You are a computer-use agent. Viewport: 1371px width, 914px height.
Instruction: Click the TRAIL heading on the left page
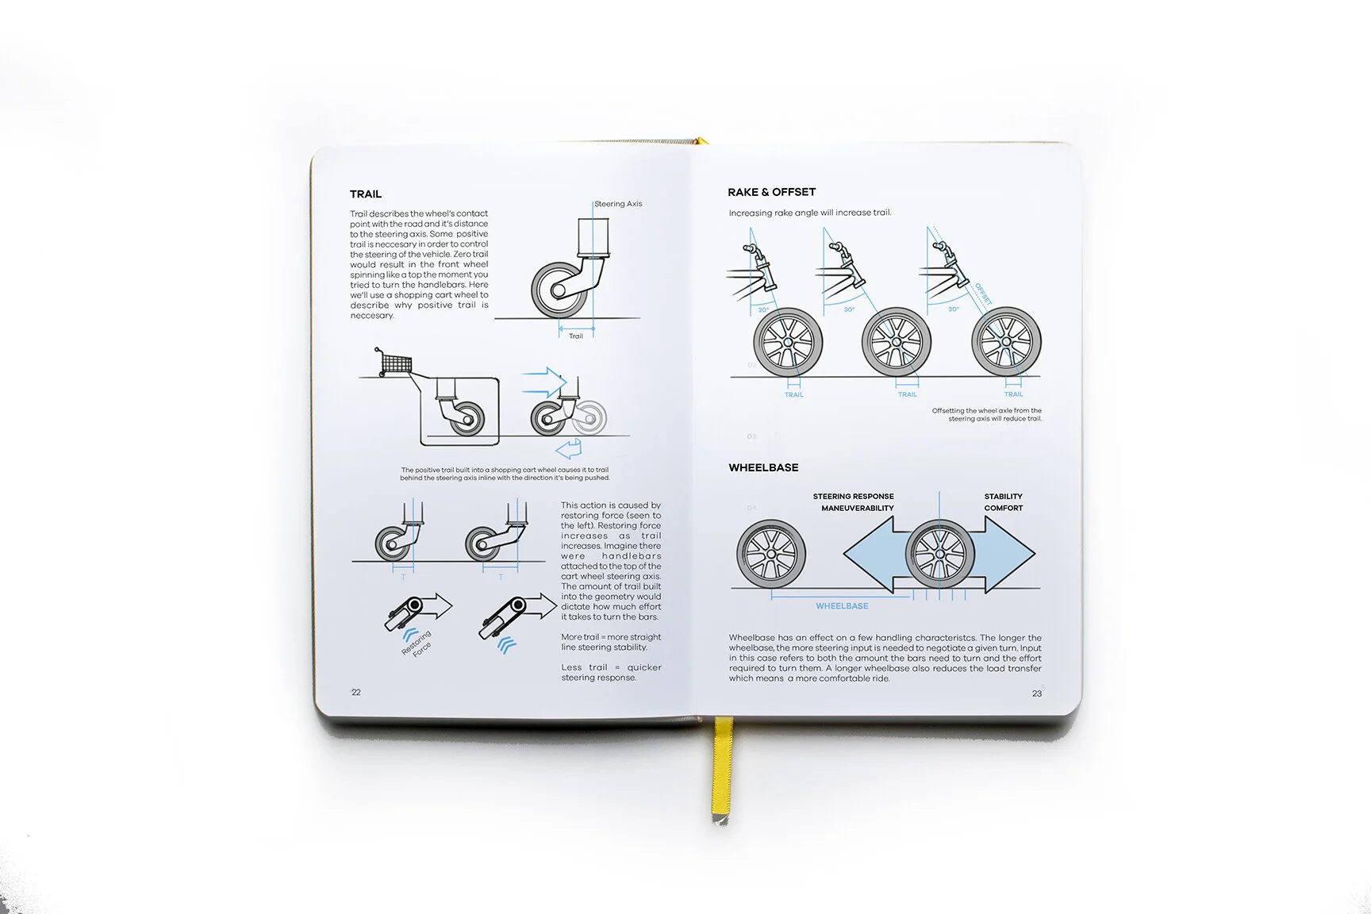pyautogui.click(x=366, y=194)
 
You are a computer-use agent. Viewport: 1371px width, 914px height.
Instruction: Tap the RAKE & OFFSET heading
pyautogui.click(x=771, y=192)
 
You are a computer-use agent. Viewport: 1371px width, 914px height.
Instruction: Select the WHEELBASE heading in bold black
pyautogui.click(x=763, y=468)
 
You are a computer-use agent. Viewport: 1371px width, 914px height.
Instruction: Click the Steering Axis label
pyautogui.click(x=618, y=204)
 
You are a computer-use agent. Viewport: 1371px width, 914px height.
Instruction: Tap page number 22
pyautogui.click(x=356, y=693)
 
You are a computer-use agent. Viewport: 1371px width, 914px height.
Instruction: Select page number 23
pyautogui.click(x=1037, y=693)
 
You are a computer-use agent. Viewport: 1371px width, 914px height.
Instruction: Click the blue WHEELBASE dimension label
pyautogui.click(x=842, y=606)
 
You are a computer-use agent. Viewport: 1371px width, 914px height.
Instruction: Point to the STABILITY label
pyautogui.click(x=1003, y=497)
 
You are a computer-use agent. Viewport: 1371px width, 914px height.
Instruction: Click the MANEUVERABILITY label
pyautogui.click(x=857, y=509)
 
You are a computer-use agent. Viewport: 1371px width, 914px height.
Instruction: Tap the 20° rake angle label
pyautogui.click(x=763, y=310)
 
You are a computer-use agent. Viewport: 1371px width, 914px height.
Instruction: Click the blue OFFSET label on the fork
pyautogui.click(x=984, y=294)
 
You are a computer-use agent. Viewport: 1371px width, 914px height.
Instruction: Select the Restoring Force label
pyautogui.click(x=417, y=643)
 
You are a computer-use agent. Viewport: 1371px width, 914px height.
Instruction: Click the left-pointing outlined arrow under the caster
pyautogui.click(x=569, y=450)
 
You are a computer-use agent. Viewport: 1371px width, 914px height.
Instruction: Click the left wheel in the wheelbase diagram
pyautogui.click(x=770, y=554)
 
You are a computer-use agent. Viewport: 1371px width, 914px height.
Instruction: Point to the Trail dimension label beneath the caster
pyautogui.click(x=576, y=336)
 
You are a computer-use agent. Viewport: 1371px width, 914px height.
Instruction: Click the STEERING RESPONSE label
pyautogui.click(x=853, y=497)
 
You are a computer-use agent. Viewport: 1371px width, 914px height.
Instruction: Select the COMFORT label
pyautogui.click(x=1003, y=509)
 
